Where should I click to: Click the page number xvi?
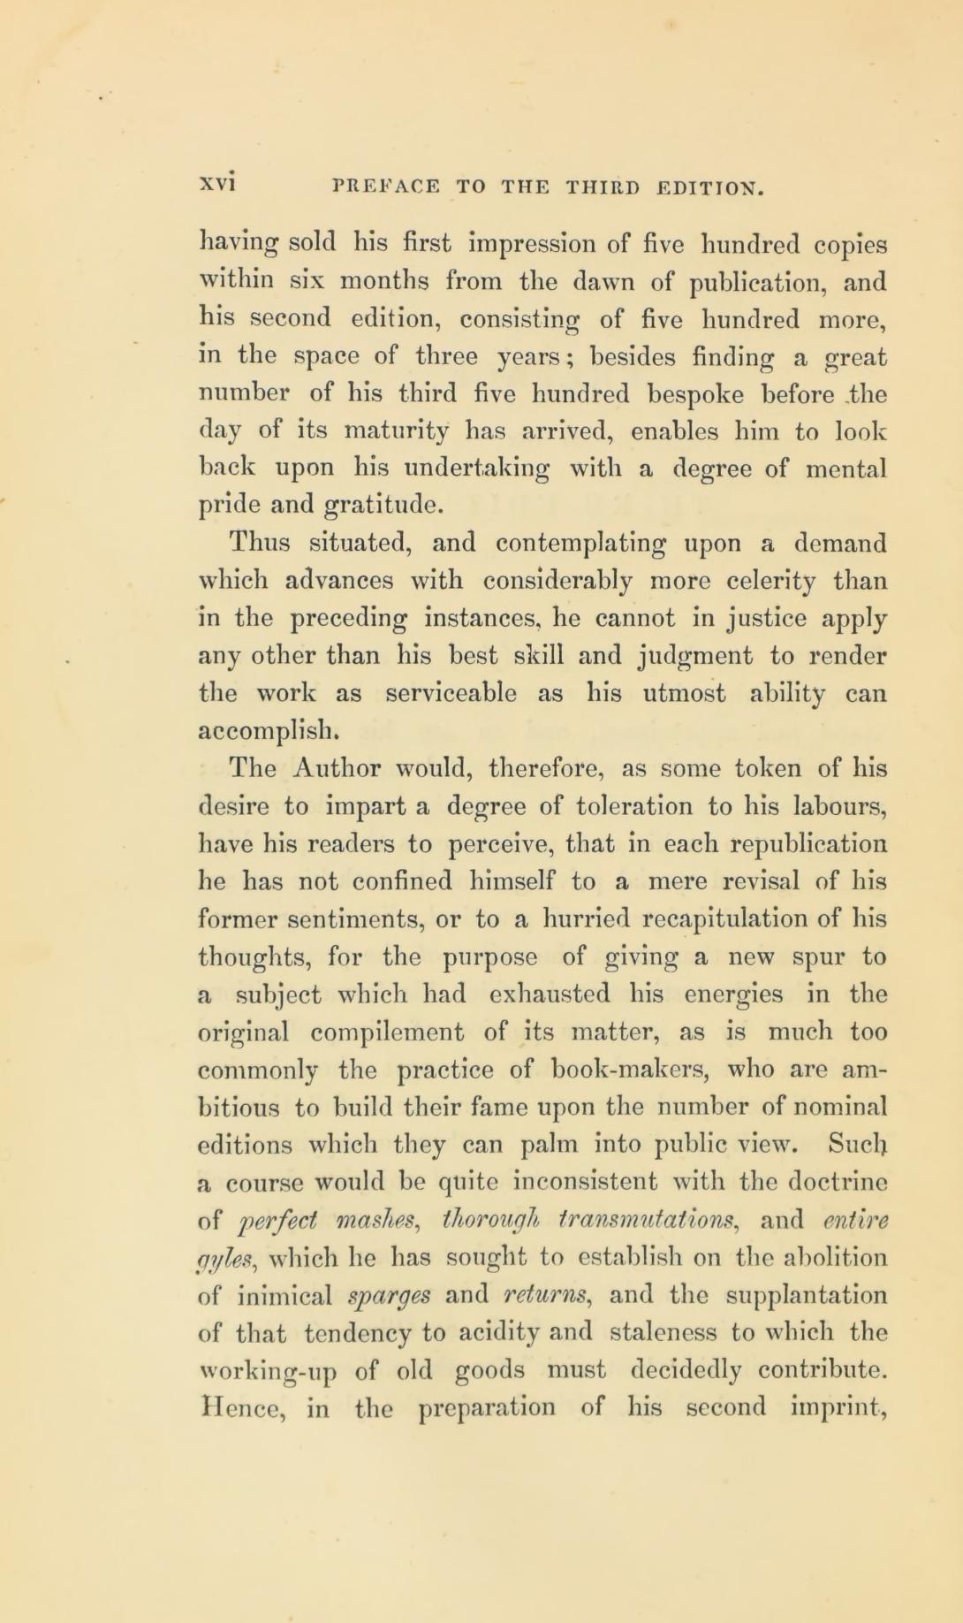216,186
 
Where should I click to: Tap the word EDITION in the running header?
709,187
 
